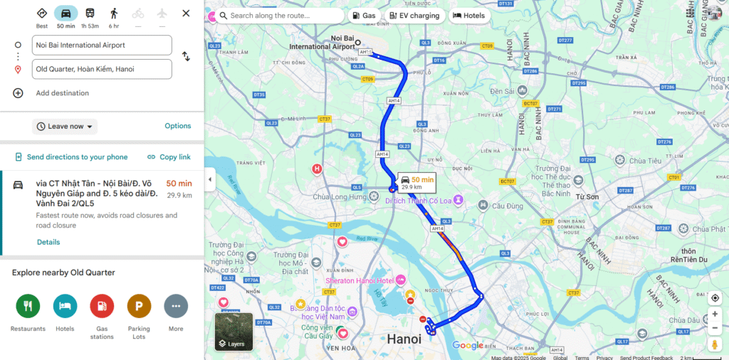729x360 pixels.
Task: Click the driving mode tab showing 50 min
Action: [x=66, y=17]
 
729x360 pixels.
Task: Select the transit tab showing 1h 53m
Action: [x=90, y=17]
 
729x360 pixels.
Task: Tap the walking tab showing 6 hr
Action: [x=114, y=17]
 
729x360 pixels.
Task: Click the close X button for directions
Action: [x=186, y=14]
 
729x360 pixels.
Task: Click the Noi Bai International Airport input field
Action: [x=103, y=45]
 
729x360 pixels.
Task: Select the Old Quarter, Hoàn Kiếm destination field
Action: [x=103, y=69]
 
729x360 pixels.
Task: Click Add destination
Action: [x=62, y=93]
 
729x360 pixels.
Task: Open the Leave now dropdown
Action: [x=65, y=127]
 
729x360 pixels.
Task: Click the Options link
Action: [x=178, y=126]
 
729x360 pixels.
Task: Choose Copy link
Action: [x=169, y=157]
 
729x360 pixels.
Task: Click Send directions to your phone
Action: [x=71, y=157]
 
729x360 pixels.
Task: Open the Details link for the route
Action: [x=48, y=242]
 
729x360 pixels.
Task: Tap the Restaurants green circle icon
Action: [x=28, y=306]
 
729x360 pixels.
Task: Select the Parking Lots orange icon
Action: [x=139, y=306]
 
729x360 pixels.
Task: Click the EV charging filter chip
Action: [x=415, y=16]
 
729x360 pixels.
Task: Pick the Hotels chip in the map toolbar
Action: [x=468, y=16]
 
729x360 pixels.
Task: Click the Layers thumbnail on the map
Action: [x=234, y=332]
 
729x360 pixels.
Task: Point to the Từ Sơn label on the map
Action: [x=587, y=196]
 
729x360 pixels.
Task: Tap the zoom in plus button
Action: [x=715, y=314]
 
